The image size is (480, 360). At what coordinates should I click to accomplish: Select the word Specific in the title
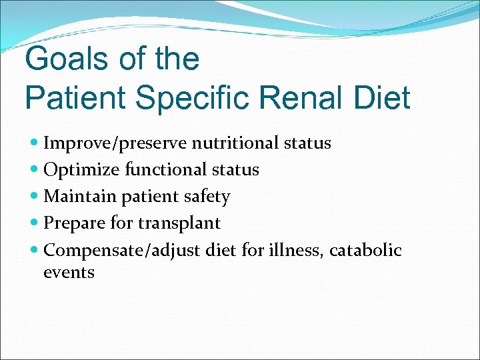[x=189, y=97]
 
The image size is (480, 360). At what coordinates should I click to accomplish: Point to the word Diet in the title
[x=383, y=97]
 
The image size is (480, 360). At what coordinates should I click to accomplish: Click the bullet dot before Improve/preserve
[x=35, y=143]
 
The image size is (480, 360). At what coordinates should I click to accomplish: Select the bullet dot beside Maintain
[x=35, y=197]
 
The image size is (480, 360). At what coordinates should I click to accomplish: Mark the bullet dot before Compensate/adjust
[x=35, y=251]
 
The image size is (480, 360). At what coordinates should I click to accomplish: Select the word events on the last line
[x=69, y=273]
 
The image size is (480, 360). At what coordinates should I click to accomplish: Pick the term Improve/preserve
[x=115, y=143]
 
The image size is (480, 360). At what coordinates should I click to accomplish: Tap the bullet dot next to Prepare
[x=35, y=223]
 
